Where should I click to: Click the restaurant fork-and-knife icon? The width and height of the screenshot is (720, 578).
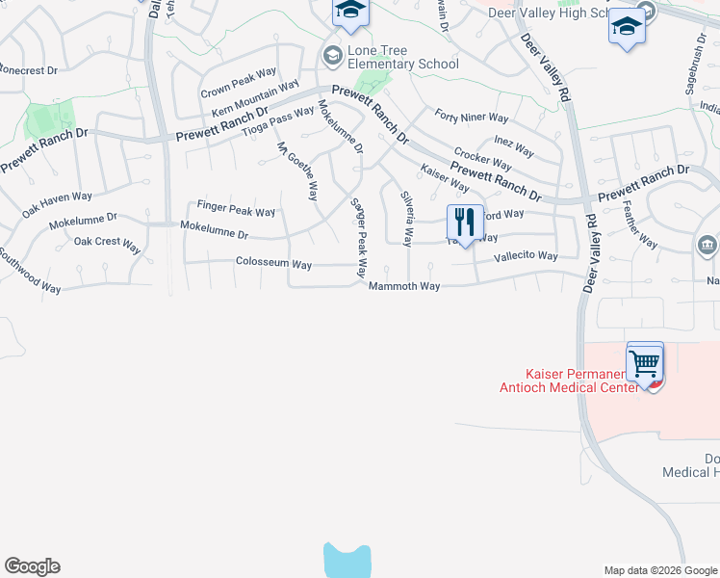[465, 223]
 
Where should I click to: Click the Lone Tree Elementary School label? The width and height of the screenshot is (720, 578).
[390, 57]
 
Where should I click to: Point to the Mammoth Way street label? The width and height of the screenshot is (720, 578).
[403, 286]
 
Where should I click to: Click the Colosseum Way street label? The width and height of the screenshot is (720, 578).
[273, 263]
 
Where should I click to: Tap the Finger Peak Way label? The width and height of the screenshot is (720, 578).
[236, 209]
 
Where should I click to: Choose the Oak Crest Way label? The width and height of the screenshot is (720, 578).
[107, 245]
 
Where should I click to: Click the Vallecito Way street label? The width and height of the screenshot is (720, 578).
[526, 256]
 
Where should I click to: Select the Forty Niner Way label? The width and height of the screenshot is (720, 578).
[471, 118]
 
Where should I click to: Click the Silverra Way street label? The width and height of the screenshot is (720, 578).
[407, 218]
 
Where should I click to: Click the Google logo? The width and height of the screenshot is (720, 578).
[32, 566]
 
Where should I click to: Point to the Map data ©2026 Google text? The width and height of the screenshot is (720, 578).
[659, 570]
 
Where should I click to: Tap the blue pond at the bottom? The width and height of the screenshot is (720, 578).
[347, 561]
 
